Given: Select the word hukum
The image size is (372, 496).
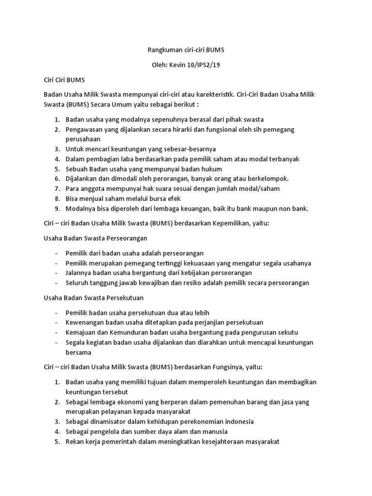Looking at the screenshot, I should pyautogui.click(x=213, y=169).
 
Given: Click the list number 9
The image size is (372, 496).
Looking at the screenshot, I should pyautogui.click(x=56, y=209).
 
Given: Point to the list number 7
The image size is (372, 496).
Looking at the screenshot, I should pyautogui.click(x=56, y=189).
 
